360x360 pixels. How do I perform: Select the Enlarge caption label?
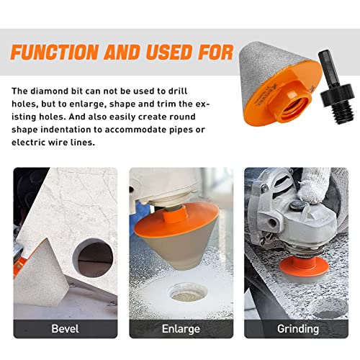tap(180, 329)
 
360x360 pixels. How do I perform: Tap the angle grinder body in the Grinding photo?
tap(277, 216)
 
